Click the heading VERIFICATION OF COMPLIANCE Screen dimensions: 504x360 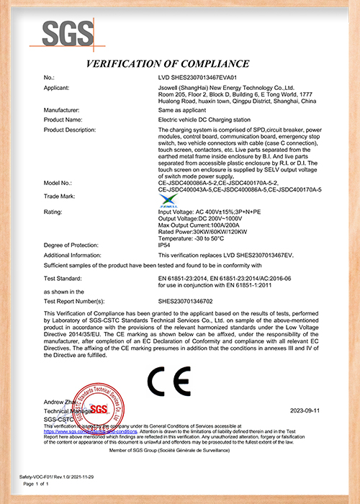point(168,64)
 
